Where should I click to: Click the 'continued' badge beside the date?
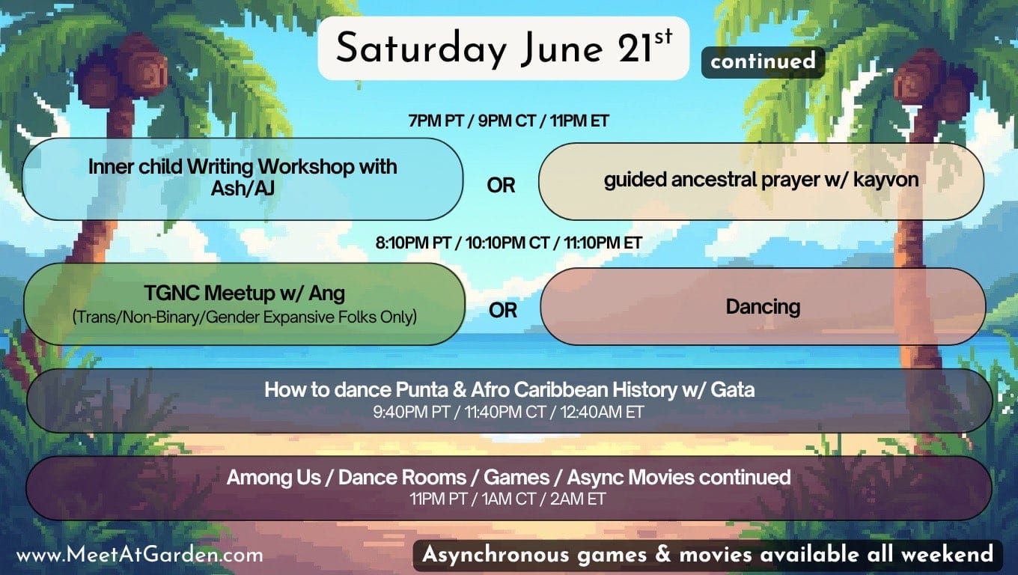coord(763,62)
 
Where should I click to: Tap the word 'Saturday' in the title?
coord(421,49)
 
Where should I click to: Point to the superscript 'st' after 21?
coord(663,37)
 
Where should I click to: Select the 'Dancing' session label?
coord(763,307)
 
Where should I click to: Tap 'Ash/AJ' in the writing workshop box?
coord(243,188)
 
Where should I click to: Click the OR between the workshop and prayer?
coord(501,186)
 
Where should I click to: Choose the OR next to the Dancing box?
coord(503,311)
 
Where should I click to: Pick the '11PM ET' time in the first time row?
coord(579,121)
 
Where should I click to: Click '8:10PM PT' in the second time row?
coord(413,243)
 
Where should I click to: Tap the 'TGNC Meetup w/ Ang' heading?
coord(245,293)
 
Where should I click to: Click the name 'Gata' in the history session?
coord(733,390)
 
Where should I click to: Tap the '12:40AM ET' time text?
coord(602,413)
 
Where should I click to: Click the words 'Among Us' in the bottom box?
coord(274,478)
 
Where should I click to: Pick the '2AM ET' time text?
coord(578,499)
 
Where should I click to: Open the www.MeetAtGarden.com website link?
coord(139,555)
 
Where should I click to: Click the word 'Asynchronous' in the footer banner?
coord(496,556)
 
